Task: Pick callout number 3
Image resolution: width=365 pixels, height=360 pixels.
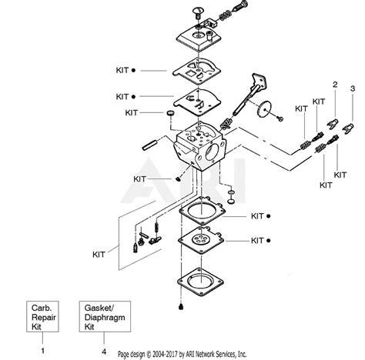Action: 353,88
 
